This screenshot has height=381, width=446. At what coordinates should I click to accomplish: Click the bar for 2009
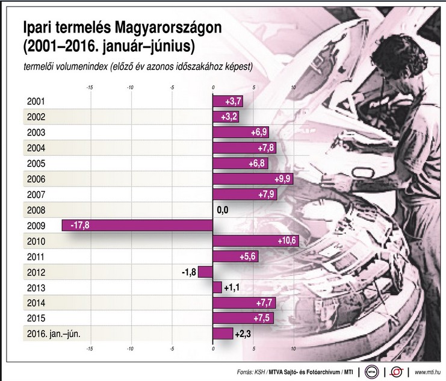[x=137, y=225]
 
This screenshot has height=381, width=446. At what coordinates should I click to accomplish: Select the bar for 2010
[x=256, y=241]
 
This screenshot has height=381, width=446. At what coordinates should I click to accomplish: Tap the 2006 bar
[x=253, y=179]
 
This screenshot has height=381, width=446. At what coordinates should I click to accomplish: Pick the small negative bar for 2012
[x=205, y=271]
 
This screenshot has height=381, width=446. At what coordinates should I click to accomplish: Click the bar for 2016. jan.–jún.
[x=223, y=333]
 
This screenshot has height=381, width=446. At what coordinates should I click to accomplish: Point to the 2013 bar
[x=217, y=287]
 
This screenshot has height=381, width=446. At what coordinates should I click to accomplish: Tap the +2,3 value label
[x=243, y=333]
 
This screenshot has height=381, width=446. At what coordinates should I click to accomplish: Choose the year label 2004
[x=37, y=148]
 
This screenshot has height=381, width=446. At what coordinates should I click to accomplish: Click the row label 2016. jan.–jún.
[x=54, y=333]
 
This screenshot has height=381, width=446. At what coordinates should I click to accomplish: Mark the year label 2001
[x=37, y=102]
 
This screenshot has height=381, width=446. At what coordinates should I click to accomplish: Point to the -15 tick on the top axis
[x=89, y=87]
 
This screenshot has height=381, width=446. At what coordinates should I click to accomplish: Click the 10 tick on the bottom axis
[x=294, y=348]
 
